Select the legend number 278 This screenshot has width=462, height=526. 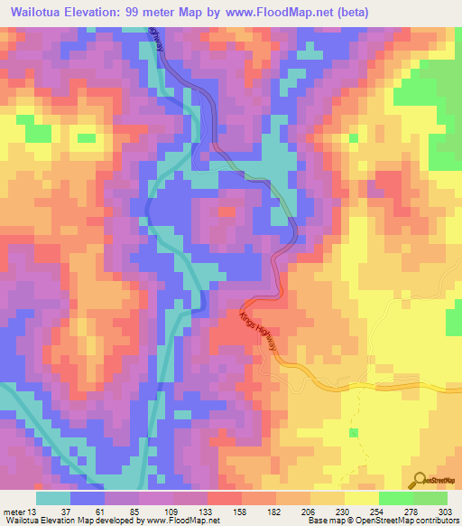tap(403, 511)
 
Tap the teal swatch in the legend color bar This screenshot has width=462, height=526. tap(53, 498)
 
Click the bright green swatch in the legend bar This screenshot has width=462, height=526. tap(395, 498)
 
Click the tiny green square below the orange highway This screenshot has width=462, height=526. tap(354, 409)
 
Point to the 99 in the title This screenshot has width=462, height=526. tap(149, 13)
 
